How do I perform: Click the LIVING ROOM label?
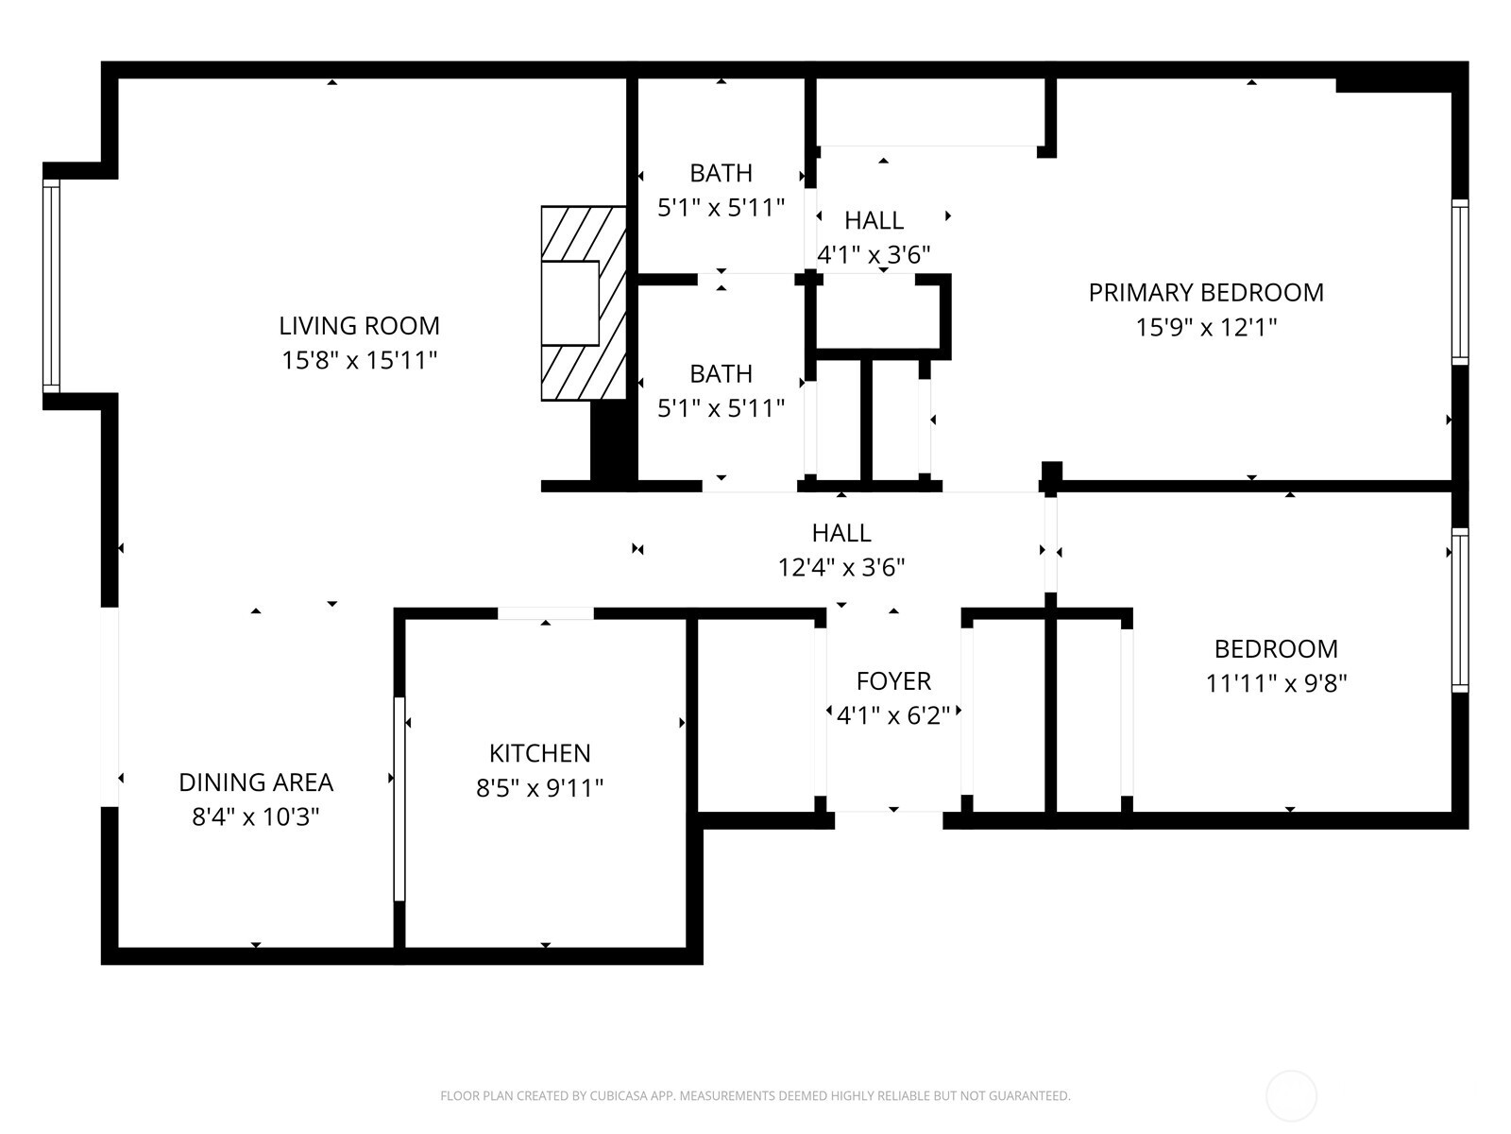click(359, 326)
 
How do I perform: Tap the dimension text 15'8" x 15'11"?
click(359, 360)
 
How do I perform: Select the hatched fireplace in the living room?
click(584, 302)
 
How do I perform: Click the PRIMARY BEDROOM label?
click(1206, 293)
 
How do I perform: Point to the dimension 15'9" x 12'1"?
click(1206, 328)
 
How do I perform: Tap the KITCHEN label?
click(539, 753)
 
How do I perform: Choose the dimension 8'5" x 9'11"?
click(539, 787)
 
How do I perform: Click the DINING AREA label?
click(256, 782)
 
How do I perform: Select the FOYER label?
click(893, 681)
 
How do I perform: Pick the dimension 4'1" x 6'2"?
click(893, 715)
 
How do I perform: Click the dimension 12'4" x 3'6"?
click(840, 568)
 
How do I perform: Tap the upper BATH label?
click(721, 174)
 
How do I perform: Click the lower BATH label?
click(721, 374)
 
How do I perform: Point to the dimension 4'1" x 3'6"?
click(874, 254)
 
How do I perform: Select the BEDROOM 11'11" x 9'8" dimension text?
click(1276, 683)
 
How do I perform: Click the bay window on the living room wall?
click(51, 285)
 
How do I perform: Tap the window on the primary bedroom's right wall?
click(1460, 282)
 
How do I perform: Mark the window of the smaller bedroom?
click(1460, 610)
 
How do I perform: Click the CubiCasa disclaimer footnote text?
click(755, 1096)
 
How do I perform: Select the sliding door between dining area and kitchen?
click(399, 799)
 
